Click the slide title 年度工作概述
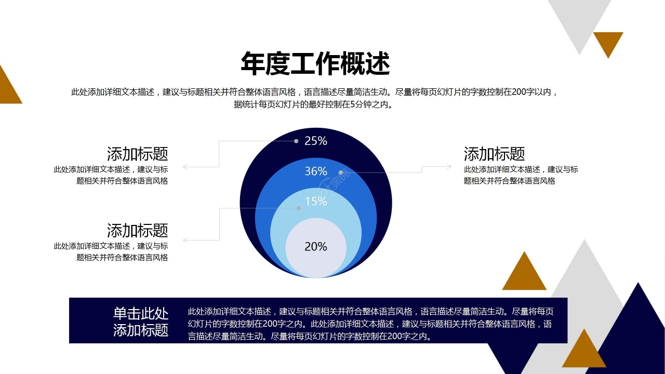315,64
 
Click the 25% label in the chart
316,141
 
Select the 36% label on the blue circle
316,171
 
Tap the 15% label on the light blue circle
316,202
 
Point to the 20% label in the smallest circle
316,247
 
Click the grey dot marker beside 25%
296,141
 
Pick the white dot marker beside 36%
341,172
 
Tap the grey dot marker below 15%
299,208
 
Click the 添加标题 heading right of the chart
494,154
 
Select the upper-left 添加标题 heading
138,154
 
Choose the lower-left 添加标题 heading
138,230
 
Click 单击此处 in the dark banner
141,313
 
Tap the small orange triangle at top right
608,42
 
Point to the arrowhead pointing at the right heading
449,167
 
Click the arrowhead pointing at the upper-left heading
185,167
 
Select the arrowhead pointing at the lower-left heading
185,240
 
